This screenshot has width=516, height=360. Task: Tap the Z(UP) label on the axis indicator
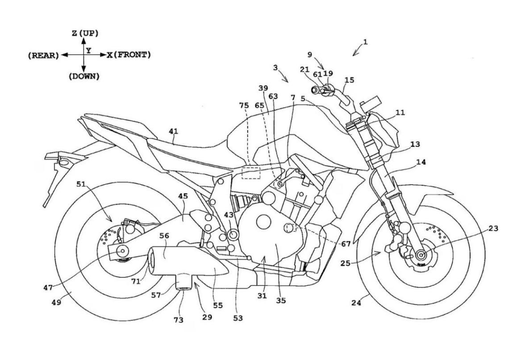point(84,33)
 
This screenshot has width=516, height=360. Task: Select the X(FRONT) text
point(129,55)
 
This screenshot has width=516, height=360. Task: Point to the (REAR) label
point(43,55)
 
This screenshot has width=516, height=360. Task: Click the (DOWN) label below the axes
point(84,77)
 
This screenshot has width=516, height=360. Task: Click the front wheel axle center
point(420,255)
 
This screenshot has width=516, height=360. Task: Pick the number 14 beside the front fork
point(420,162)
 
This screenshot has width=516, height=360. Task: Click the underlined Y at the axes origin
point(89,50)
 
